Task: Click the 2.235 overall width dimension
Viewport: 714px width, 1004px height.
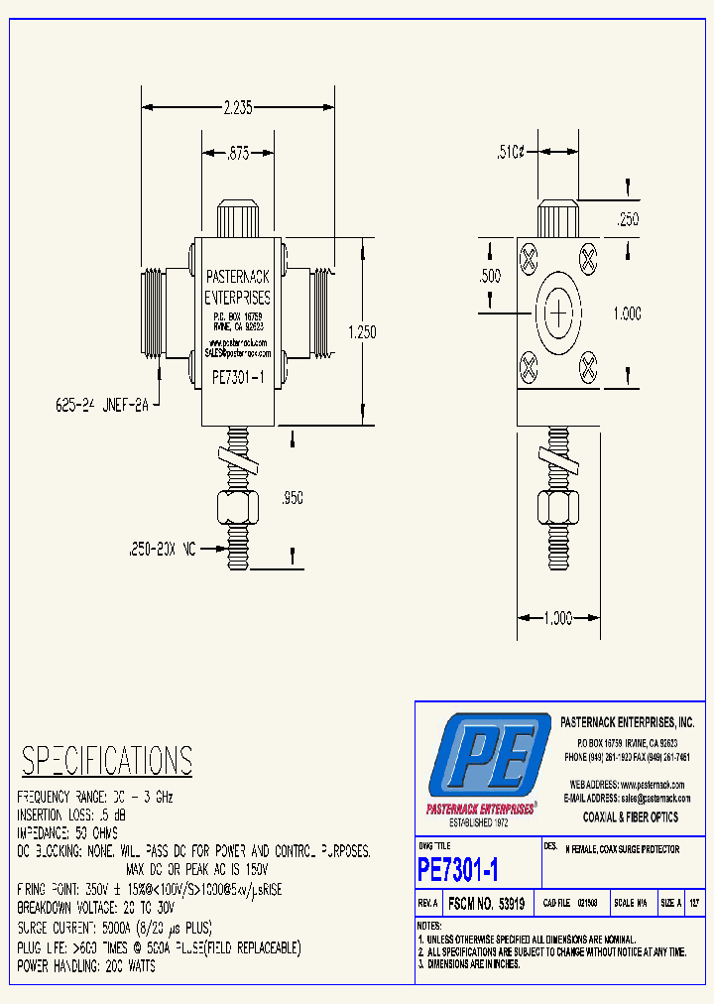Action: (x=238, y=107)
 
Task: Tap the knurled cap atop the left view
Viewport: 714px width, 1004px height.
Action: (x=237, y=219)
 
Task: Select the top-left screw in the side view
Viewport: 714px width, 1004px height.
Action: (x=529, y=259)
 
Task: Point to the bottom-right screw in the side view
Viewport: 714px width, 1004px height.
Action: (x=588, y=370)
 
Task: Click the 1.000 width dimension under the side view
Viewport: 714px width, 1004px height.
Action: (x=558, y=618)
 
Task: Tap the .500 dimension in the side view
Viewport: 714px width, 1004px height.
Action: (x=490, y=277)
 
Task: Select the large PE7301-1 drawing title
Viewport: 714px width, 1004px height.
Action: (x=458, y=870)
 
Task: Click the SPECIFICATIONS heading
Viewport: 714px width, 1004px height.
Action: (x=107, y=761)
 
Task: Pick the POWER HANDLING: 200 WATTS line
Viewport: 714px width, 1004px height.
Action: (x=86, y=966)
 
